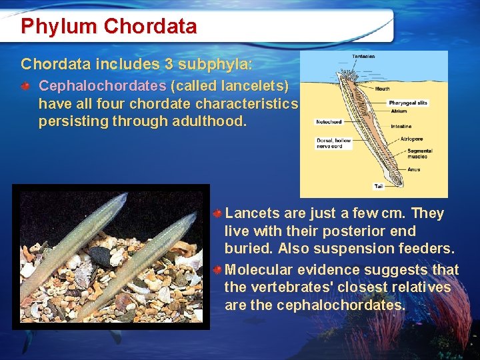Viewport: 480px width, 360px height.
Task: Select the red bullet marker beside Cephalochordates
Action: pos(25,87)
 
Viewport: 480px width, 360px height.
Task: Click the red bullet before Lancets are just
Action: pos(217,214)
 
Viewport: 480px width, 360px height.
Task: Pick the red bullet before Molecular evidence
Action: pos(217,270)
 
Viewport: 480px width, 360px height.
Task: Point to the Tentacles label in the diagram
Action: pos(363,56)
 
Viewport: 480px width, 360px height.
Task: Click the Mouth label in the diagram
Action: pos(383,88)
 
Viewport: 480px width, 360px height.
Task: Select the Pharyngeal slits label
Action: pos(407,103)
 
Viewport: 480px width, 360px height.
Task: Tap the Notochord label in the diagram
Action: pos(329,121)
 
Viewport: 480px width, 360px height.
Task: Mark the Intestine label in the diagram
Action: pos(401,126)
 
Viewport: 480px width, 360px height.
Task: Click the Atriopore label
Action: pos(411,139)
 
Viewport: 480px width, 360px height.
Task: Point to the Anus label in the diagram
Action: pos(413,169)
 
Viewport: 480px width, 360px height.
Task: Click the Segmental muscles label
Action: pos(419,153)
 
